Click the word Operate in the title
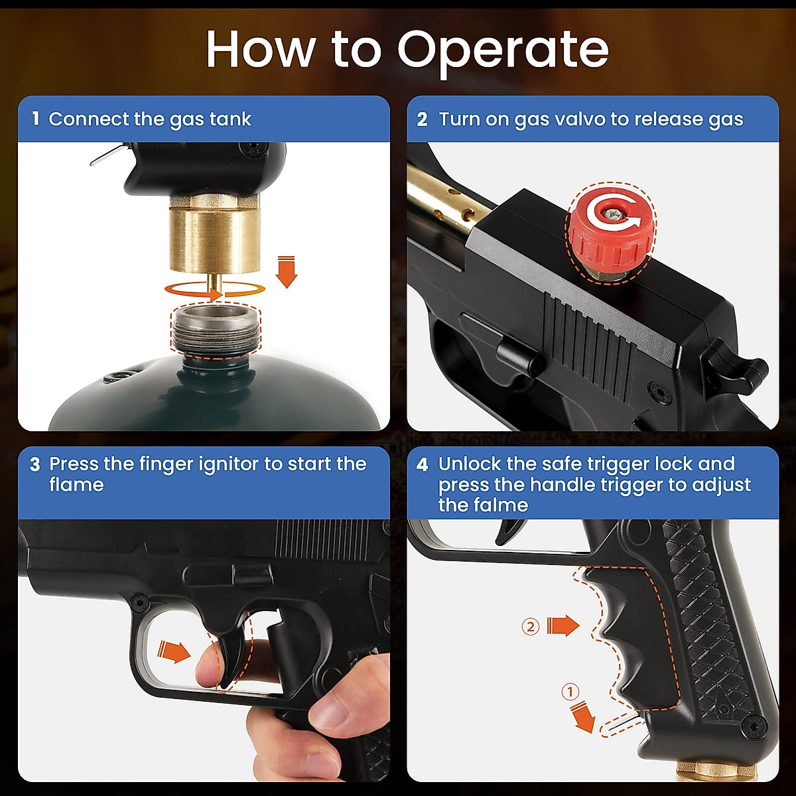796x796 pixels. tap(502, 50)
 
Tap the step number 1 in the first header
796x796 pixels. tap(35, 119)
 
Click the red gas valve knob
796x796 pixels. tap(610, 232)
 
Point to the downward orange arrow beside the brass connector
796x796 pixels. tap(287, 271)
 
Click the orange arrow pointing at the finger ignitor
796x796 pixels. tap(174, 651)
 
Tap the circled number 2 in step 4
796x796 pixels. tap(530, 626)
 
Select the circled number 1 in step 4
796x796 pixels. tap(570, 692)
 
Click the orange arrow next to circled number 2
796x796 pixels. tap(563, 626)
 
